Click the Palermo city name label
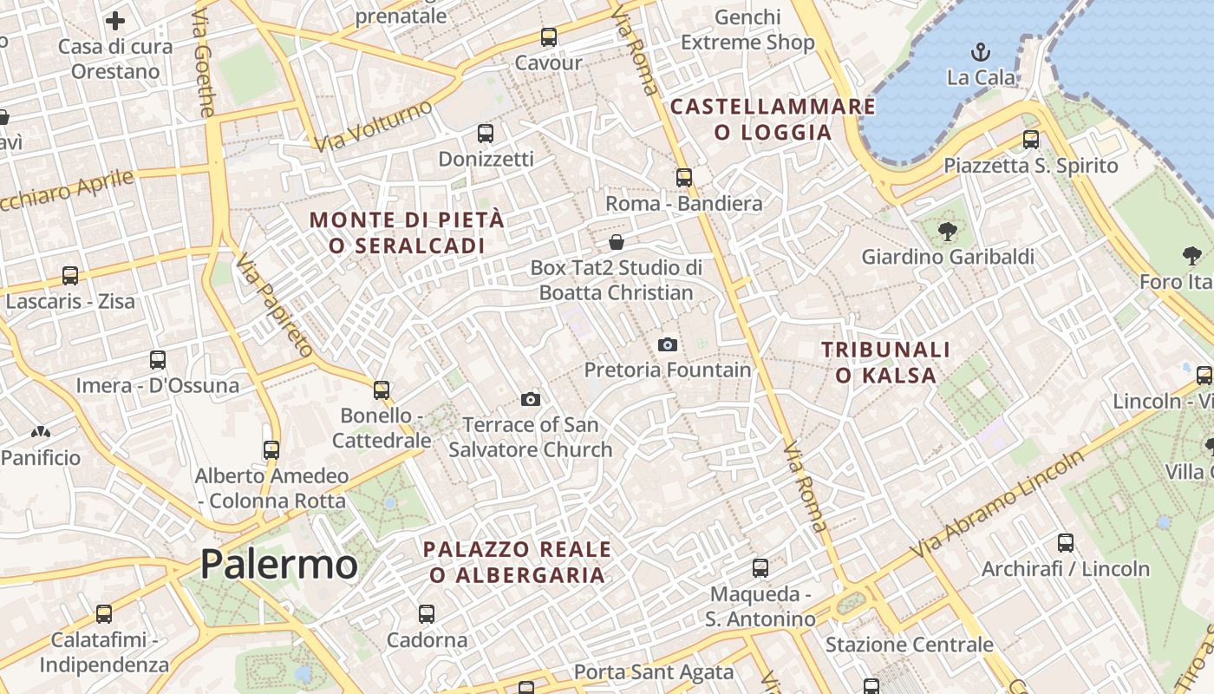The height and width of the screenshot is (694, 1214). coord(278,565)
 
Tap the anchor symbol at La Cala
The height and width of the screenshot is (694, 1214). coord(981,51)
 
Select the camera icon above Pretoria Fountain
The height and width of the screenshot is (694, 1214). coord(667,344)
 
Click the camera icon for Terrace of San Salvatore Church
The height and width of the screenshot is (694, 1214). coord(531,399)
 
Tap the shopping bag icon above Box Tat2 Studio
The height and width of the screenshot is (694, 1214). coord(617,241)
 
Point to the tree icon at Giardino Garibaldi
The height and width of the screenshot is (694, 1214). coord(947,231)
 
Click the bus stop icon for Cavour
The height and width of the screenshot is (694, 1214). coord(548,37)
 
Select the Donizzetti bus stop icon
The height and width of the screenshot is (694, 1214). coord(486,134)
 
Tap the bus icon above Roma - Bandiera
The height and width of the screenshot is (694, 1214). coord(684,178)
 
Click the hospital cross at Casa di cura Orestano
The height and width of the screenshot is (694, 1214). coord(115,21)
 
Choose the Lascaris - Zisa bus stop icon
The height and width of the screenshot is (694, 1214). coord(70,276)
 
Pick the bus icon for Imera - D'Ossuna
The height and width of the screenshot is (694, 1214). coord(157,359)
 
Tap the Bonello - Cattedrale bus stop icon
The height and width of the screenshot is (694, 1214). coord(382,390)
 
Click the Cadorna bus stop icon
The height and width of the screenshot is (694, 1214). coord(427,614)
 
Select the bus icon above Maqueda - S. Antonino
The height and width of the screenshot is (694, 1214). coord(760,568)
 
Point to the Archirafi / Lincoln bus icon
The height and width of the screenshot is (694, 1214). coord(1066,543)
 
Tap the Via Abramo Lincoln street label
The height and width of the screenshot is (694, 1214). coord(997,504)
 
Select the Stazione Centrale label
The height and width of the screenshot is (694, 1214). coord(909,645)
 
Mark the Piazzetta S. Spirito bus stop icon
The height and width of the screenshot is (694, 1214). coord(1031,139)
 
